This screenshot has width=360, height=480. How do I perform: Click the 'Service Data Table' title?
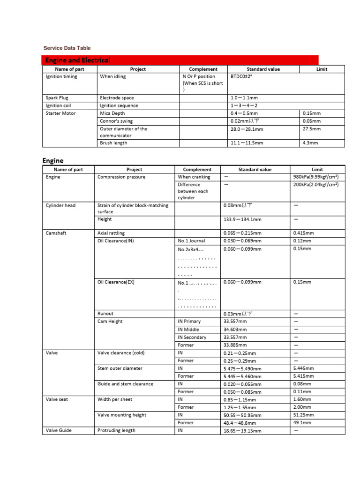click(67, 48)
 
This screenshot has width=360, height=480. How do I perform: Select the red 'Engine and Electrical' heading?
click(78, 60)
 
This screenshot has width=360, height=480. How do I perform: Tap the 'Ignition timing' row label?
click(61, 76)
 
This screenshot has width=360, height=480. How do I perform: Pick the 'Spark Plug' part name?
click(57, 98)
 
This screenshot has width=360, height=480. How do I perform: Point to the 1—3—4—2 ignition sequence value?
click(244, 105)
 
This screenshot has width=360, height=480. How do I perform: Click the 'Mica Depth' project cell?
click(112, 113)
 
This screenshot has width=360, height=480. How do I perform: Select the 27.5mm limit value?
click(312, 128)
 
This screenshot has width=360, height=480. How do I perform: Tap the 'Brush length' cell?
click(113, 143)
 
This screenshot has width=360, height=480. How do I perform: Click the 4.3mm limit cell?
click(310, 143)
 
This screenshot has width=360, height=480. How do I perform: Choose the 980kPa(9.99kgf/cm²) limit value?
click(316, 177)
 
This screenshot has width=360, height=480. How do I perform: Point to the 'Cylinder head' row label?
click(60, 205)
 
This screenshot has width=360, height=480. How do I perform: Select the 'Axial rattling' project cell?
click(111, 233)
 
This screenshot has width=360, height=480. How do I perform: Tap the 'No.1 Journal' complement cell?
click(191, 241)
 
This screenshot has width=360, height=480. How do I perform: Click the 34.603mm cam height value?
click(235, 330)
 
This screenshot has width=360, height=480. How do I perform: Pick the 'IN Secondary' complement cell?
click(192, 337)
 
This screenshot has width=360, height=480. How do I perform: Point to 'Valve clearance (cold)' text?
click(121, 352)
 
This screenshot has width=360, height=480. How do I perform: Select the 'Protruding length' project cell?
click(116, 430)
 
